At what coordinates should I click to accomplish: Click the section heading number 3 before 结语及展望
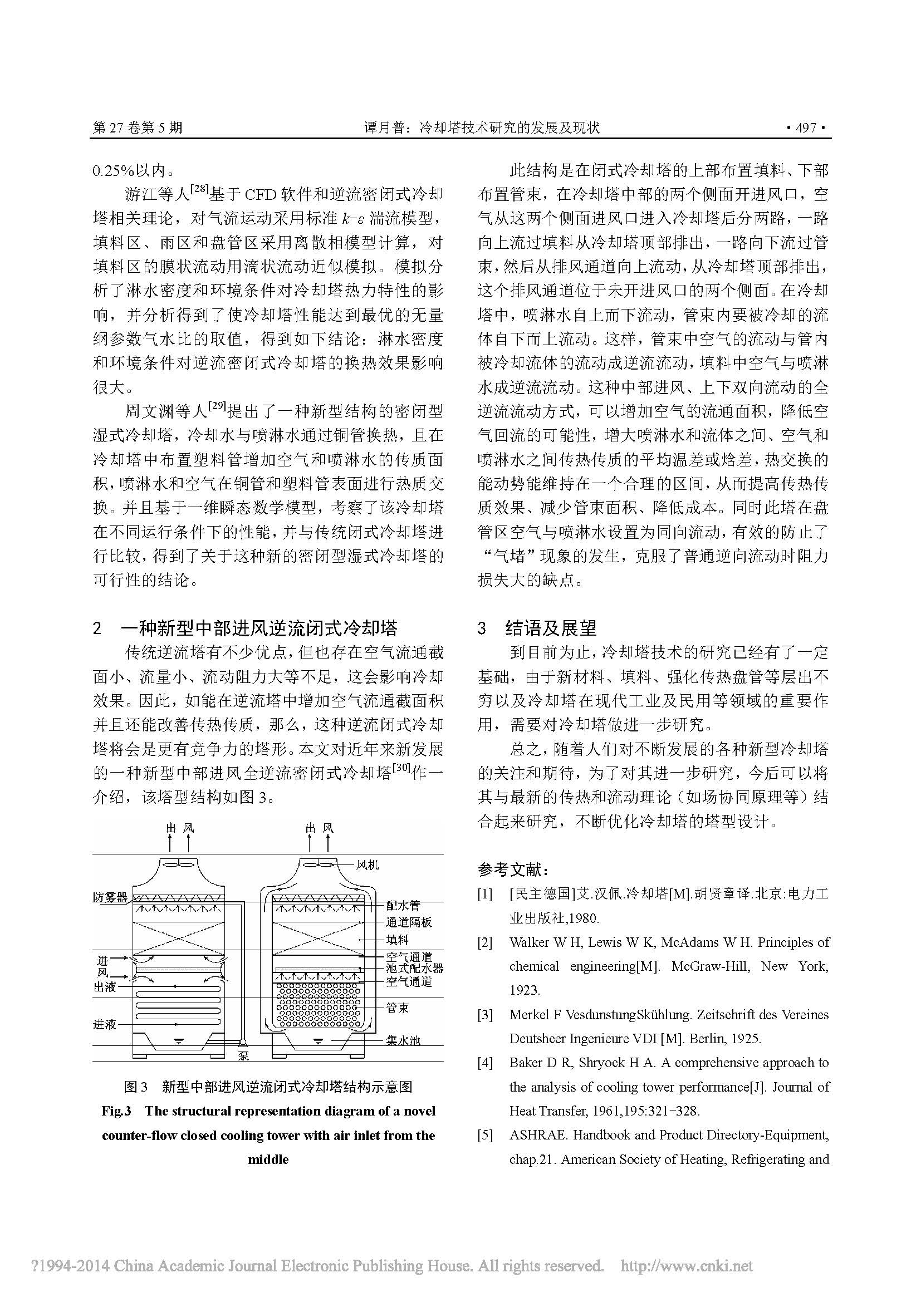(482, 628)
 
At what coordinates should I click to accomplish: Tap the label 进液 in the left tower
(105, 1025)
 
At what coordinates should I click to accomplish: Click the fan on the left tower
(179, 866)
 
